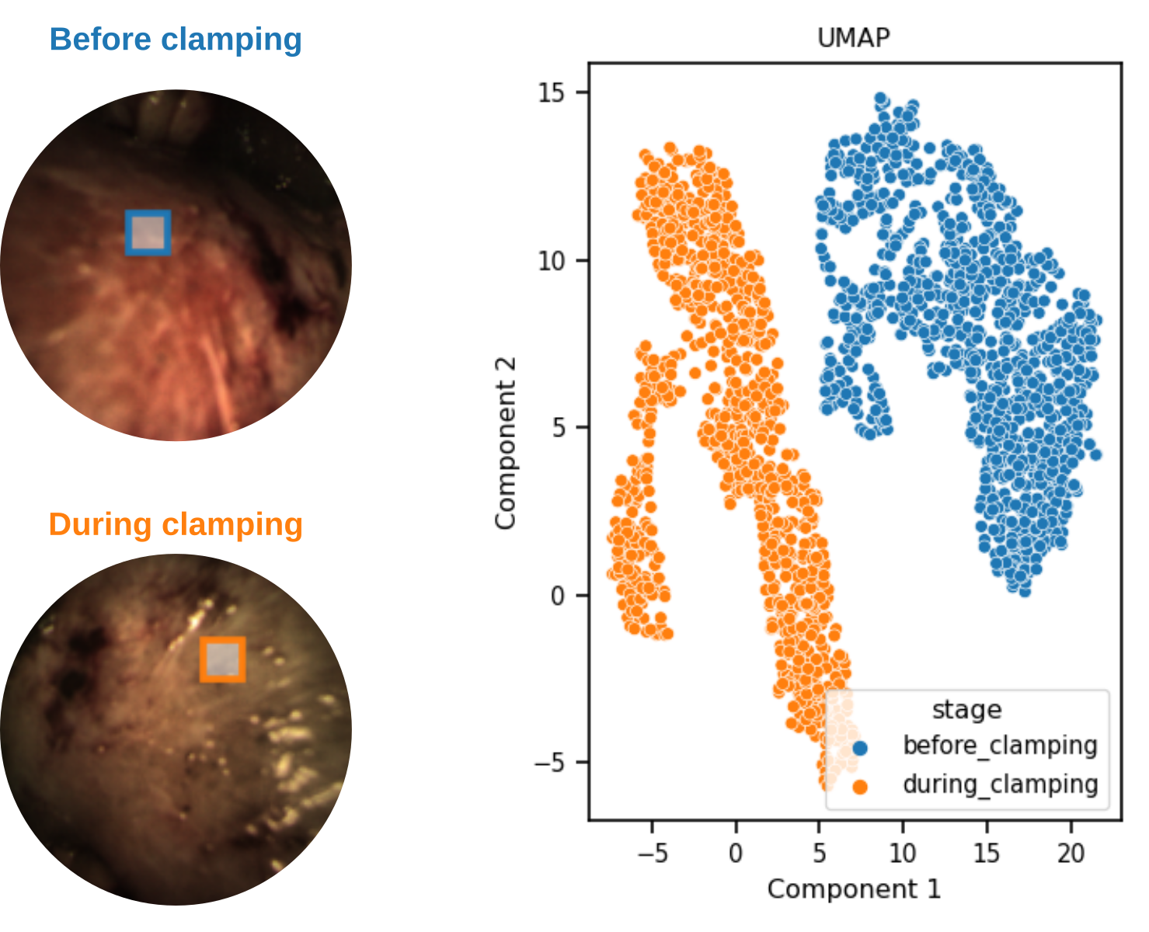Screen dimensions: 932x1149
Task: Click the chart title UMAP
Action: (853, 37)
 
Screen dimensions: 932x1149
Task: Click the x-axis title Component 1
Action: (853, 889)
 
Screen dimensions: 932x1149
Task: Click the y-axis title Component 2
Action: (505, 443)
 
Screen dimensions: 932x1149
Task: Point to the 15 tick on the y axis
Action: (552, 92)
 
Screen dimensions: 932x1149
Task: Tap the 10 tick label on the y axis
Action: (552, 260)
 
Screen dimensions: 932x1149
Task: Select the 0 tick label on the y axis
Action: (558, 596)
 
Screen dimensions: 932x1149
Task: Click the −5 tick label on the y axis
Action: (549, 763)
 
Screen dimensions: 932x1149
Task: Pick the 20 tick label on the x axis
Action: (1071, 854)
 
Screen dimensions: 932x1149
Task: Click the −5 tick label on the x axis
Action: (652, 854)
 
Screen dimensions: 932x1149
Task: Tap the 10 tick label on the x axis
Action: (903, 854)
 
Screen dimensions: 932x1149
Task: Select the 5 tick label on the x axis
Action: (819, 854)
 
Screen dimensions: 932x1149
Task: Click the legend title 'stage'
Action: (966, 709)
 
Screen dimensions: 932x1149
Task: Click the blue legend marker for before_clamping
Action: (859, 749)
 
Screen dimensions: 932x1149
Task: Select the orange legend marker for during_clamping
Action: (859, 787)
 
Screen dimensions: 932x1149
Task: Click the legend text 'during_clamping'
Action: (1000, 784)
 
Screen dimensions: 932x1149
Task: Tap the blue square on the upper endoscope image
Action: (148, 232)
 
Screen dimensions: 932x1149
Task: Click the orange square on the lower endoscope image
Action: (223, 659)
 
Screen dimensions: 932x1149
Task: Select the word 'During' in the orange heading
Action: (100, 524)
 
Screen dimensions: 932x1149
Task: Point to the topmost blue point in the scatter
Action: (880, 99)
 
